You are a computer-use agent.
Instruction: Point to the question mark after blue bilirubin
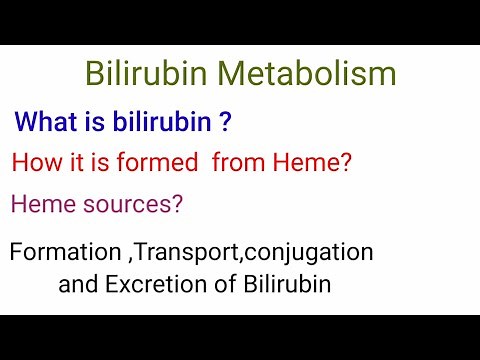[x=227, y=122]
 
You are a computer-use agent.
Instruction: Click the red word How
[x=35, y=163]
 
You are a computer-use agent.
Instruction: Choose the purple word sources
[x=129, y=204]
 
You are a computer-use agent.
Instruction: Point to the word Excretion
[x=153, y=284]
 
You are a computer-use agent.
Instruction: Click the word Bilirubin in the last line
[x=287, y=284]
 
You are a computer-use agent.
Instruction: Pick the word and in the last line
[x=78, y=284]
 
